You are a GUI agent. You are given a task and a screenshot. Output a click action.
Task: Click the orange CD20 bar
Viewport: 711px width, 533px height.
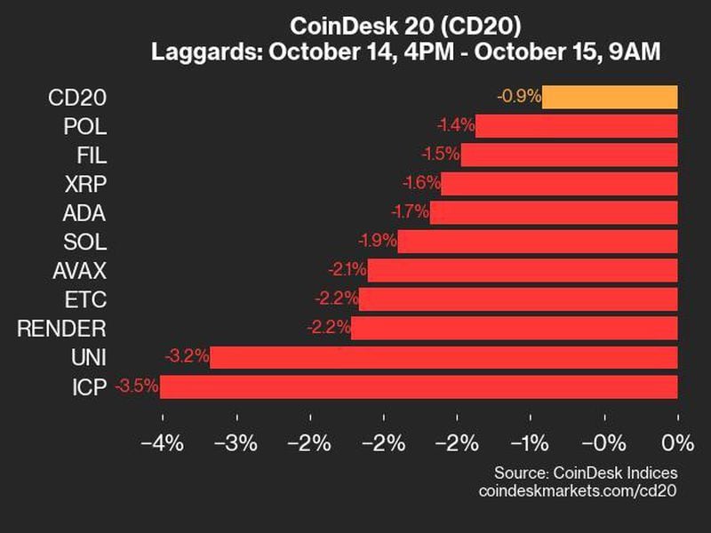[x=610, y=97]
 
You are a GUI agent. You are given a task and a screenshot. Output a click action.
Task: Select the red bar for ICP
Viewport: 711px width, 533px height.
[x=419, y=386]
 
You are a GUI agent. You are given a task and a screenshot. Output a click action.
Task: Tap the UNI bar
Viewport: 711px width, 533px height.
[x=443, y=357]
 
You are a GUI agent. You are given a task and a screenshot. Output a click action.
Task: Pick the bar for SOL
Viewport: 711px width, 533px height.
[x=538, y=241]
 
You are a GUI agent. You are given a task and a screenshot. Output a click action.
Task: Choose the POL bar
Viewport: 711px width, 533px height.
[x=577, y=125]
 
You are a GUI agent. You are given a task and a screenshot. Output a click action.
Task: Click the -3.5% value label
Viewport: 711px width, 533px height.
[x=136, y=386]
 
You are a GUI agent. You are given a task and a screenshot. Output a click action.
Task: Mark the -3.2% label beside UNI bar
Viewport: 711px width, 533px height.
[x=187, y=357]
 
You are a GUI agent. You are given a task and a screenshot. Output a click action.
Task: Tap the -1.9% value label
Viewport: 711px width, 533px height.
[x=375, y=241]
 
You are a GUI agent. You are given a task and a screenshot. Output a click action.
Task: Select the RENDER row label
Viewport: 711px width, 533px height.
[x=61, y=329]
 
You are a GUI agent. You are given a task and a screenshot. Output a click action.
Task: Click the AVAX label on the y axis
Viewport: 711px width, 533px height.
[x=80, y=270]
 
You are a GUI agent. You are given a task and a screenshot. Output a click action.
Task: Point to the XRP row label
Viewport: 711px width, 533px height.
[x=86, y=184]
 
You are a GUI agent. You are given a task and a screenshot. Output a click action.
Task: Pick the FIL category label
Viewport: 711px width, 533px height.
[x=92, y=155]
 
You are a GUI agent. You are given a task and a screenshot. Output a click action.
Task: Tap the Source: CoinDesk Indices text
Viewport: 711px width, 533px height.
[x=586, y=472]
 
